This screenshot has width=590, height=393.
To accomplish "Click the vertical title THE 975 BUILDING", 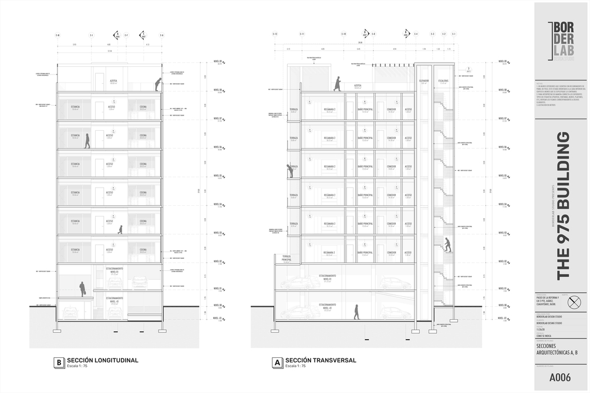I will [562, 205].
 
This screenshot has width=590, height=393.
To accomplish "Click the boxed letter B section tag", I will [59, 362].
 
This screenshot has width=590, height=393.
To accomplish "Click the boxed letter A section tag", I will [277, 362].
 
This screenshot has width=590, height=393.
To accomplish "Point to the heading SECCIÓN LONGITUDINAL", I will [103, 360].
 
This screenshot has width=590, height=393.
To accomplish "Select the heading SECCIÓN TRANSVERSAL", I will [321, 360].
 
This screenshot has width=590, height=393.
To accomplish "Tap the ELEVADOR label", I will [424, 80].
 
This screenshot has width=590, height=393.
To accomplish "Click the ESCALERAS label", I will [443, 80].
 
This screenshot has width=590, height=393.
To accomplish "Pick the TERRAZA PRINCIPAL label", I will [286, 258].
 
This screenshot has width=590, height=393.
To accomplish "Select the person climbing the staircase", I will [447, 245].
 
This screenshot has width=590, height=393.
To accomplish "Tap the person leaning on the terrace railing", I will [289, 170].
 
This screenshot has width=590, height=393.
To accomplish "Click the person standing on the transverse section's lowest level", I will [356, 311].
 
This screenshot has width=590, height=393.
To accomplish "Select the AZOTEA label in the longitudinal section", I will [113, 81].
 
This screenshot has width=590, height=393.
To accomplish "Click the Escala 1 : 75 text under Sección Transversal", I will [295, 366].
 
